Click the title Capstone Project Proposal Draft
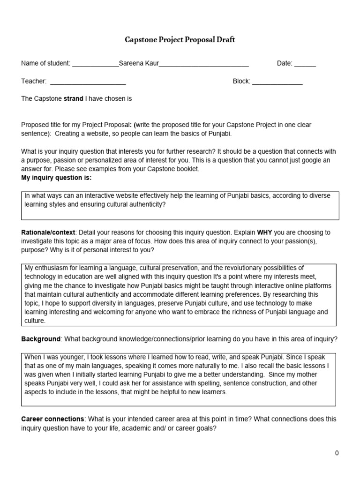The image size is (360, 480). coord(180,40)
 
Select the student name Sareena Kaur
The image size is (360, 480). coord(139,63)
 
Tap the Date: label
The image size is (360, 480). coord(285,63)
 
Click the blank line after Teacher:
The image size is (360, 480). coord(88,82)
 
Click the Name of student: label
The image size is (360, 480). coord(45,63)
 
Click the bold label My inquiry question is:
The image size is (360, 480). coord(56,178)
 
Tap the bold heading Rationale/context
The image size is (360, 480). coord(48,232)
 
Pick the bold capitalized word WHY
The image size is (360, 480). coord(264,232)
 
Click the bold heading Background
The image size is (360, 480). coord(41,339)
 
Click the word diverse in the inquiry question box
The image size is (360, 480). coord(319,196)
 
